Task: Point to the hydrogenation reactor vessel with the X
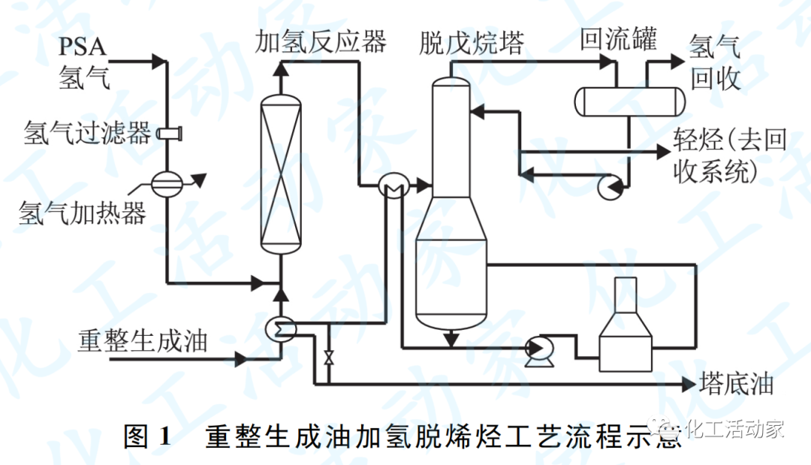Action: point(281,173)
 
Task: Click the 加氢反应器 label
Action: point(321,42)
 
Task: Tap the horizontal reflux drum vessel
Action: point(629,101)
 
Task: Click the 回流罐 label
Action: point(618,39)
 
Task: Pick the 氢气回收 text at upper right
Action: point(716,62)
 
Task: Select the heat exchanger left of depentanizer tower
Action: point(392,184)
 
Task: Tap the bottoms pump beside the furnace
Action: point(537,349)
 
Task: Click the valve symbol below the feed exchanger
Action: point(328,357)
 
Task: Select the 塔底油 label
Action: point(736,385)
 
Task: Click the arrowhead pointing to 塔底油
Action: point(689,385)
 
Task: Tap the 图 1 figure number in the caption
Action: point(147,437)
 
